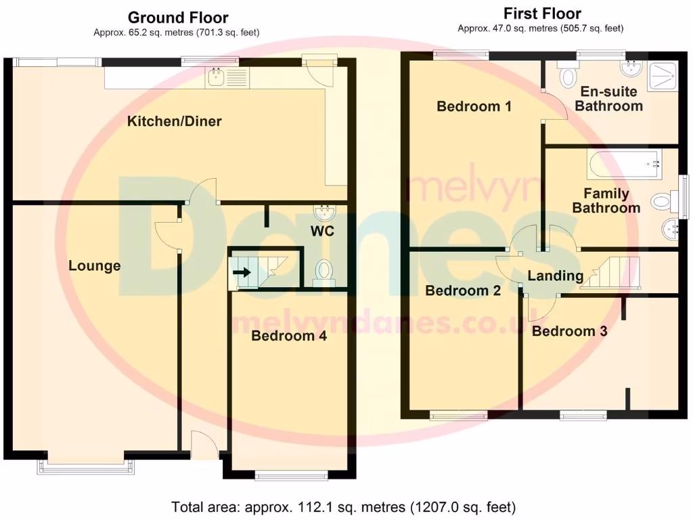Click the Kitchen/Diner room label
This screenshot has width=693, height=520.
pos(175,122)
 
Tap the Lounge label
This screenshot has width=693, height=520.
pos(95,266)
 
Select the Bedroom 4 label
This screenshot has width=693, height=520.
pos(288,336)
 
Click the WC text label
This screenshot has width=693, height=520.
pos(323,232)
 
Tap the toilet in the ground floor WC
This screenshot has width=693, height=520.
pos(324,272)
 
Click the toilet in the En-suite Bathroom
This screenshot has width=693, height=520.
pos(567,75)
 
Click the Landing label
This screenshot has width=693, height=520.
pos(555,276)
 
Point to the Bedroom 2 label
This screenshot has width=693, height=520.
pos(463,291)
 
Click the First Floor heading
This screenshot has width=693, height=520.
pos(542,14)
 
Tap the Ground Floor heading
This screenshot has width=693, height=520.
pos(177,18)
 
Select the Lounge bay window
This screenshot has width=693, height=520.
pos(86,465)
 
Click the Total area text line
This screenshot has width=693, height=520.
pos(344,506)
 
